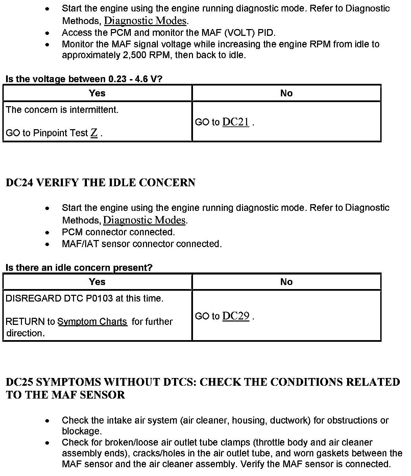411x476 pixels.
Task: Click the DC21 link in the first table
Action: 236,122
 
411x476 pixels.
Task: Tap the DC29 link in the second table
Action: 236,316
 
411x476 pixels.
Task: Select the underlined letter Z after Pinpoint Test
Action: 94,133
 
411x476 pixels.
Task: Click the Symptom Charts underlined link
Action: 92,322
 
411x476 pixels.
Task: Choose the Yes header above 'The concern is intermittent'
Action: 97,93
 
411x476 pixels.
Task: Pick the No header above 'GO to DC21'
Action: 286,93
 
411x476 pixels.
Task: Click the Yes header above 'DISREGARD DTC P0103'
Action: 97,282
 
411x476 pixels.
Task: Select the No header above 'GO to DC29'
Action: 286,282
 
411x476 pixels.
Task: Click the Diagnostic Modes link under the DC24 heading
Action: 144,220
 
